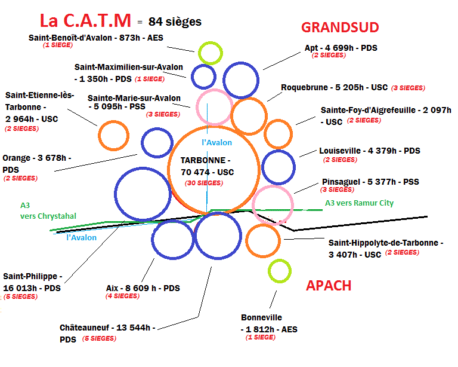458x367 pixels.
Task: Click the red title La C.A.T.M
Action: pos(85,21)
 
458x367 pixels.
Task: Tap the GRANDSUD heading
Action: pos(341,27)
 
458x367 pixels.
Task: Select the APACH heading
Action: pos(329,286)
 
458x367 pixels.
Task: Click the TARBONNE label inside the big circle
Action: pos(205,161)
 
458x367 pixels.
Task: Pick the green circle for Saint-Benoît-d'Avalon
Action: pos(211,53)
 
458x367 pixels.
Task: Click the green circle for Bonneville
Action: pos(279,271)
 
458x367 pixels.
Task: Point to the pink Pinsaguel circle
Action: pos(273,203)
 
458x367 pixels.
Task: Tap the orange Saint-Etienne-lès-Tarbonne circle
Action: pos(113,136)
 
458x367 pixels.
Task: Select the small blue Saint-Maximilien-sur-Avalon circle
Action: pos(203,77)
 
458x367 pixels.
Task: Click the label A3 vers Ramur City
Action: pos(359,203)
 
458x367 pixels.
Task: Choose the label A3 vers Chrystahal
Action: pos(48,210)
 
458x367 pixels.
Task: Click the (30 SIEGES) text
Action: pos(206,183)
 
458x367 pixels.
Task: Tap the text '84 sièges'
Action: pos(174,22)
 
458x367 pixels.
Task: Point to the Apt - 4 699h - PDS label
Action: pos(341,48)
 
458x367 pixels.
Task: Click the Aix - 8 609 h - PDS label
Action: pos(143,288)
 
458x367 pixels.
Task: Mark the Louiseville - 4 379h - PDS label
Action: pos(369,151)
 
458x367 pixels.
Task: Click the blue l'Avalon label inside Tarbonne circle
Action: pos(217,142)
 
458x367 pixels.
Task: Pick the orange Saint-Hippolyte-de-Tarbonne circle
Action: pos(263,241)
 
